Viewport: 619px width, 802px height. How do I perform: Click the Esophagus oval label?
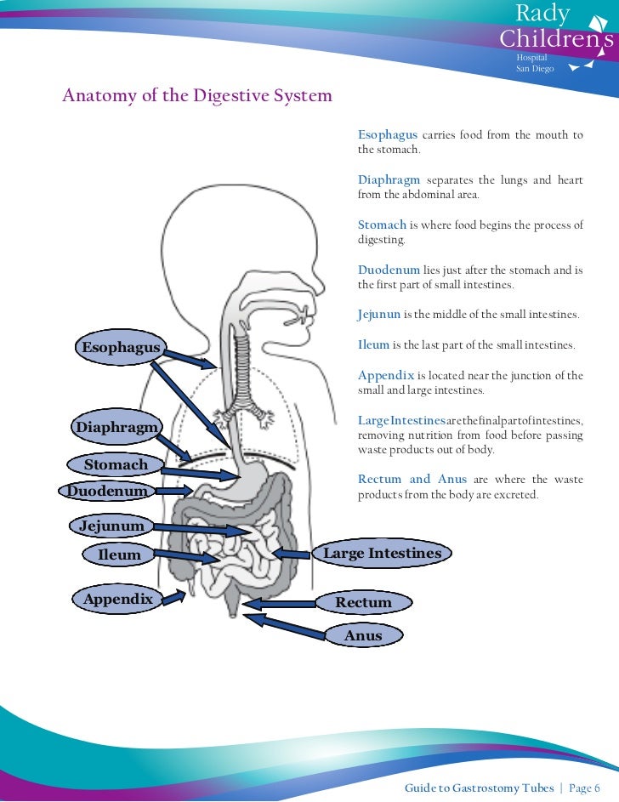[120, 347]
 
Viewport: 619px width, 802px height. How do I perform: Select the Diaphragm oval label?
[116, 427]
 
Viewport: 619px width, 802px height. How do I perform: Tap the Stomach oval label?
[116, 464]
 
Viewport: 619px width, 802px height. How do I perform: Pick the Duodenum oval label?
[107, 491]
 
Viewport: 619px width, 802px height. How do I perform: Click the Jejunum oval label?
[111, 526]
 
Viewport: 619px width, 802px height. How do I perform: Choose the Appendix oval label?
[117, 599]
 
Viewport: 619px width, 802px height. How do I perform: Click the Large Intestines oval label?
[383, 554]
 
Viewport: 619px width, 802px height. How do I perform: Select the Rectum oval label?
[363, 603]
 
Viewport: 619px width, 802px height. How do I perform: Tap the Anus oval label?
[363, 635]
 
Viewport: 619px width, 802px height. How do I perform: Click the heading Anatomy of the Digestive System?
[197, 95]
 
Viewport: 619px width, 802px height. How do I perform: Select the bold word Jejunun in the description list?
[379, 315]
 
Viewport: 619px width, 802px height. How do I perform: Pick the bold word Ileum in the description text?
[373, 345]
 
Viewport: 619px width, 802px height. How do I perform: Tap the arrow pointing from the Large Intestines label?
[293, 554]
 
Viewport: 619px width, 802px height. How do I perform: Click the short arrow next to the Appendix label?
[174, 598]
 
